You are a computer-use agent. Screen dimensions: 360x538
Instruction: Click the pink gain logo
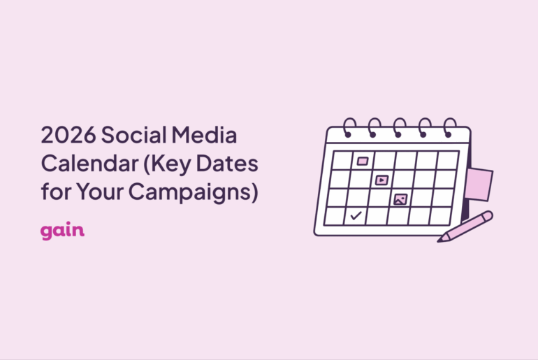(62, 231)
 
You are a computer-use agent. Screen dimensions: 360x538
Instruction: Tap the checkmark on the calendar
(356, 216)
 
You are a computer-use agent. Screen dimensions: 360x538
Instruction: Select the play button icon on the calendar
(381, 180)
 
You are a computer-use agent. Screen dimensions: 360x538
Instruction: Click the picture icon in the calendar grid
(400, 199)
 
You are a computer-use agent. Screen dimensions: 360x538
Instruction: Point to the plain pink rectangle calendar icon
(362, 161)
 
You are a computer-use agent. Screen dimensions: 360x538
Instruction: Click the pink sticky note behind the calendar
(480, 184)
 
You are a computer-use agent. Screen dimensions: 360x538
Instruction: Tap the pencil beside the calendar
(466, 226)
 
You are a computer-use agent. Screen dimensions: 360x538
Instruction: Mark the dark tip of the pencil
(441, 240)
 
